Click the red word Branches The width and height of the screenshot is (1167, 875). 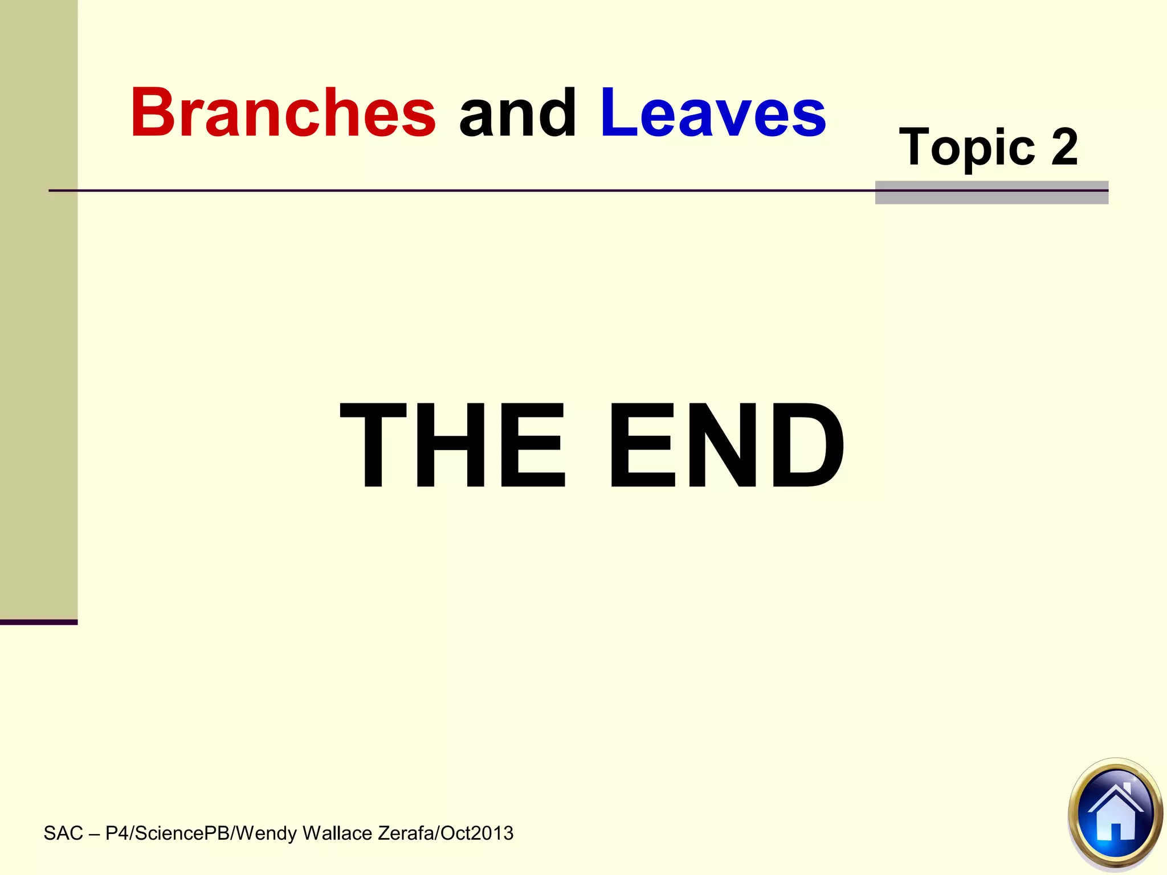pyautogui.click(x=283, y=112)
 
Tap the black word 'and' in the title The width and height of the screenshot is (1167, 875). pyautogui.click(x=517, y=112)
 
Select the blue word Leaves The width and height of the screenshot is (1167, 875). pyautogui.click(x=713, y=112)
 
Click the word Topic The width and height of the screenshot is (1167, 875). pyautogui.click(x=966, y=148)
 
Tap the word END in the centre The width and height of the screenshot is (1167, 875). pyautogui.click(x=727, y=445)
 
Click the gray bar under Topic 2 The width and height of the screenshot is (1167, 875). pyautogui.click(x=991, y=197)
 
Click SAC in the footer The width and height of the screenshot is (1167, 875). pyautogui.click(x=63, y=833)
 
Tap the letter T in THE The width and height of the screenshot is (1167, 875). pyautogui.click(x=373, y=445)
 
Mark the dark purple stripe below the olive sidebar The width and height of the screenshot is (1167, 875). pyautogui.click(x=38, y=622)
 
